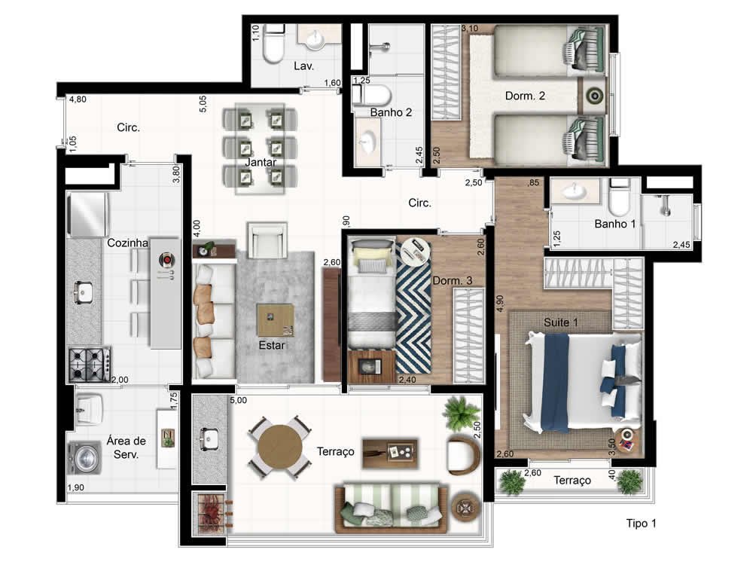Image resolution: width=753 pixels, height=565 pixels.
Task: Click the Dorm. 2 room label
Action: pos(525,96)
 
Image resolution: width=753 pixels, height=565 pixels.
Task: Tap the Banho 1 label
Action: pos(614,224)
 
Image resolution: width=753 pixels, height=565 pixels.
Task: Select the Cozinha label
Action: pos(127,243)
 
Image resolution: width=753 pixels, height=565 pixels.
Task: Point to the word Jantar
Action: pos(261,163)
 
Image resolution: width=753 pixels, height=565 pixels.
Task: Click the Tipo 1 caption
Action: pos(641,524)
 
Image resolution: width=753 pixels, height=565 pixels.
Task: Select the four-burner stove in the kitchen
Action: pos(90,365)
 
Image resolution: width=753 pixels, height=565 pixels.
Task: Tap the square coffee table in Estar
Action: pos(275,320)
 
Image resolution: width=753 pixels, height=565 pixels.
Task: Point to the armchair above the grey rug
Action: pos(267,240)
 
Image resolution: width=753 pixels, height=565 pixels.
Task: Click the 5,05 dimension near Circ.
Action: pos(203,104)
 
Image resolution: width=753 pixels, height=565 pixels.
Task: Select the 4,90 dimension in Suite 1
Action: pos(499,304)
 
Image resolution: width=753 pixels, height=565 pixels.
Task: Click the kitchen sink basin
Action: pos(83,292)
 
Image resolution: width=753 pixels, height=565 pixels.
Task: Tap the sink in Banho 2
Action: pos(368,142)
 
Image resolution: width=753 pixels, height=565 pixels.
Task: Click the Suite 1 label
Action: pos(560,322)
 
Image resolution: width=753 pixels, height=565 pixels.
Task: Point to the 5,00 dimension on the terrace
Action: pos(238,400)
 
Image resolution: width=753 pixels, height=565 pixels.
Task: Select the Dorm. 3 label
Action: pos(453,280)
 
